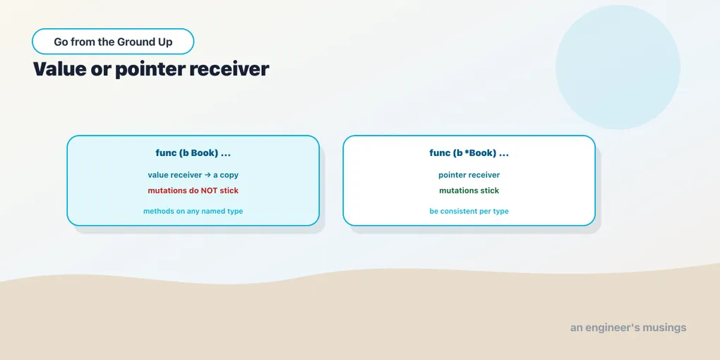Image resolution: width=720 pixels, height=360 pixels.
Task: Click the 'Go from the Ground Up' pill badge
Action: [113, 42]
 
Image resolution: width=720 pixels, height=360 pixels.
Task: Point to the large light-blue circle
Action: [618, 67]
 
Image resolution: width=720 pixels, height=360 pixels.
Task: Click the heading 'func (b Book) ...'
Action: [193, 153]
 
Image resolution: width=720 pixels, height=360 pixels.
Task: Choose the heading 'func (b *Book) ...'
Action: [469, 153]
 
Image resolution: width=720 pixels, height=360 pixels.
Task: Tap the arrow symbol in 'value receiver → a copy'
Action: [208, 175]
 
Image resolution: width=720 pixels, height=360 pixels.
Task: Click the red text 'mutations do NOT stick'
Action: [193, 190]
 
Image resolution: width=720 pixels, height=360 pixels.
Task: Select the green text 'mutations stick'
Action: [469, 190]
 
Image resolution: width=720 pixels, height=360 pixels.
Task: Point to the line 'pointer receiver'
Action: [469, 175]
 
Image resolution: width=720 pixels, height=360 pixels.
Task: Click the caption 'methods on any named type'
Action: [193, 211]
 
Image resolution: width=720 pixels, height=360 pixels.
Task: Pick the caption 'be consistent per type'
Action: [469, 211]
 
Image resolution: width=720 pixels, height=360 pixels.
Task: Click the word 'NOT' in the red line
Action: [209, 190]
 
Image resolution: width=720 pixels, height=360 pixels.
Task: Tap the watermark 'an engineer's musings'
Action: [628, 328]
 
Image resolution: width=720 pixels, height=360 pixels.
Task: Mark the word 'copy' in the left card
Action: [229, 175]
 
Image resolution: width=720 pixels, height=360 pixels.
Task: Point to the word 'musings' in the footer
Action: [664, 328]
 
